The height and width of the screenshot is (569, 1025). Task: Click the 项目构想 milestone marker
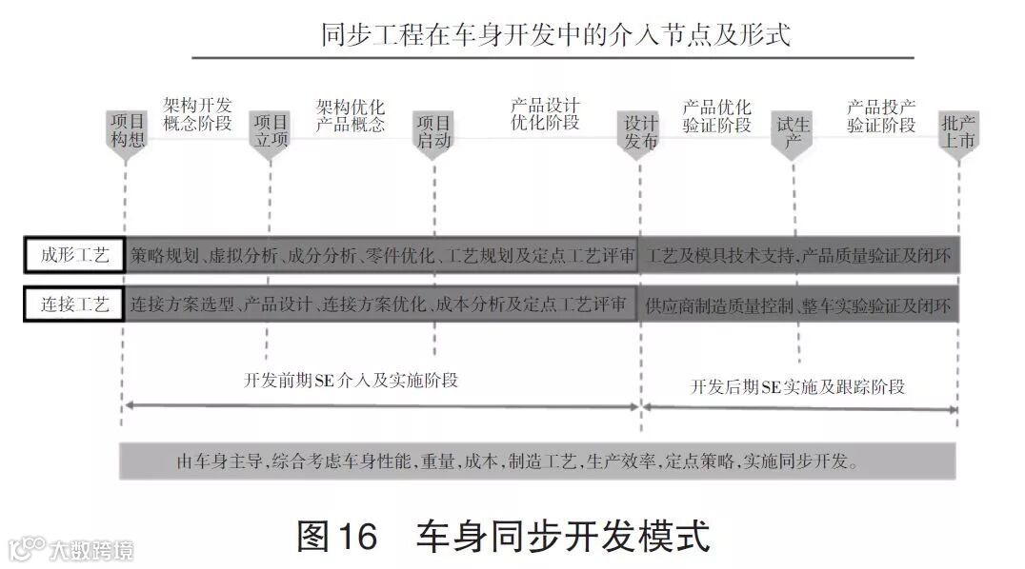click(126, 131)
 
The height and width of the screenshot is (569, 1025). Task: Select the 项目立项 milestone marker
click(270, 131)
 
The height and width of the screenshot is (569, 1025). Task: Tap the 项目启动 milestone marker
click(433, 131)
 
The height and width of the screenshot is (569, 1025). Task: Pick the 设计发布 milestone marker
click(640, 132)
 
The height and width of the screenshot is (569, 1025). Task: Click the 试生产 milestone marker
click(793, 132)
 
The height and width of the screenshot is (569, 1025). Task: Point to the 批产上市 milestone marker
click(957, 132)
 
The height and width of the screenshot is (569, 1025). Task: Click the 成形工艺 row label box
click(74, 255)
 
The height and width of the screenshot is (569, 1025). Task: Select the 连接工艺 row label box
click(74, 304)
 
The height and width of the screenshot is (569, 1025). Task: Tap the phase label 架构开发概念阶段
click(197, 114)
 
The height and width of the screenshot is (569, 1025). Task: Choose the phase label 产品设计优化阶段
click(545, 113)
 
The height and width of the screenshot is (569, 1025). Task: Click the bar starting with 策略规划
click(381, 255)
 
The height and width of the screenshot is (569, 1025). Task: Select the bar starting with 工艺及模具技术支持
click(799, 255)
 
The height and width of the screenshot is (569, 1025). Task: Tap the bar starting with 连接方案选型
click(381, 304)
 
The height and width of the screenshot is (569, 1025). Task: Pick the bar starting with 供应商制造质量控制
click(799, 305)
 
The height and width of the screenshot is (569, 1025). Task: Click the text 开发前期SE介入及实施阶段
click(352, 381)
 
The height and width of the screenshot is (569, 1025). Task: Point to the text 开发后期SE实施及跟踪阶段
click(798, 386)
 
